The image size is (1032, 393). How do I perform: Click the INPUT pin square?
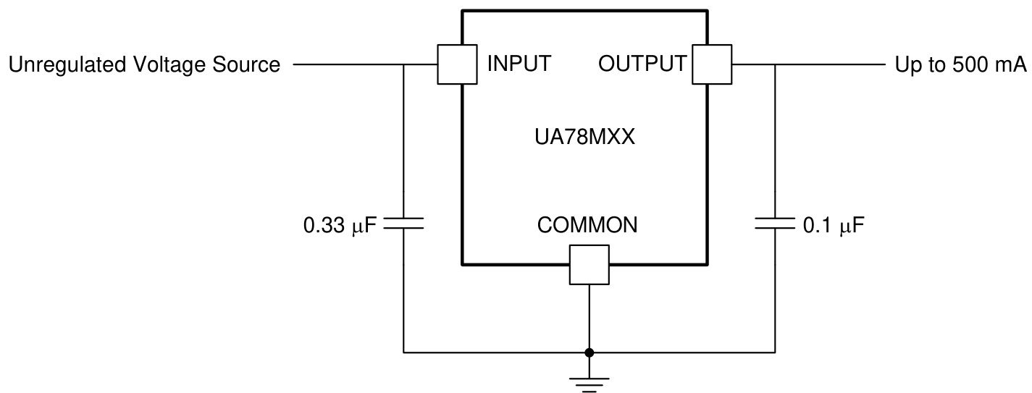pyautogui.click(x=457, y=65)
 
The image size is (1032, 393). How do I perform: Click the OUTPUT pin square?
pyautogui.click(x=712, y=65)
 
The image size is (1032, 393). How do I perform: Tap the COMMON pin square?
pyautogui.click(x=589, y=264)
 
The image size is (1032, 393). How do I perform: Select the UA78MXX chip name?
pyautogui.click(x=583, y=138)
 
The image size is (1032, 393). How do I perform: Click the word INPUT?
pyautogui.click(x=519, y=64)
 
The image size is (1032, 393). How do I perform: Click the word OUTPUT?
pyautogui.click(x=642, y=64)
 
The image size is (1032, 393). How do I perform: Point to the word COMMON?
pyautogui.click(x=587, y=225)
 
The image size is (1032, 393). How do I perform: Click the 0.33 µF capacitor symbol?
pyautogui.click(x=403, y=225)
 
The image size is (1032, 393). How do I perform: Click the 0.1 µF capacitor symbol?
pyautogui.click(x=775, y=225)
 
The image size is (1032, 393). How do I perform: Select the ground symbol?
pyautogui.click(x=590, y=384)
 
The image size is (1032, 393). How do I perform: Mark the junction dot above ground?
pyautogui.click(x=590, y=353)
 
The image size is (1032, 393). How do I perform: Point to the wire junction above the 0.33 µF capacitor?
pyautogui.click(x=403, y=65)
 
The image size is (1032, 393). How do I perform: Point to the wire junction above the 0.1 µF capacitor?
pyautogui.click(x=775, y=65)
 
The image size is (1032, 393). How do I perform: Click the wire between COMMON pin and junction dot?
pyautogui.click(x=590, y=318)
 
